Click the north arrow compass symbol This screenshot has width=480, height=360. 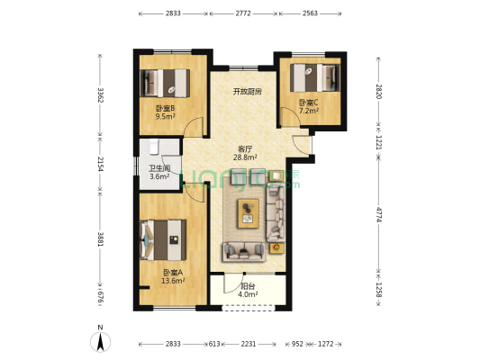[x=100, y=341]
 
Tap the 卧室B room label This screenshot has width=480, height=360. [x=166, y=108]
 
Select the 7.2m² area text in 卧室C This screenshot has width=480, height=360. [x=309, y=111]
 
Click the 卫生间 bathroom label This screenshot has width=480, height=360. [x=159, y=168]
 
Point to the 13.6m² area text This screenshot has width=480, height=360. [x=173, y=281]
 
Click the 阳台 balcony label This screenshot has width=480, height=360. [x=248, y=286]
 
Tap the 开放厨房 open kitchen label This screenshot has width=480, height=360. [x=248, y=92]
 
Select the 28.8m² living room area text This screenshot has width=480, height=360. [x=245, y=157]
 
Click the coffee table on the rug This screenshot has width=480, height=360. [x=249, y=213]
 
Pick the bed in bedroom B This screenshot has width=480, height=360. [x=165, y=83]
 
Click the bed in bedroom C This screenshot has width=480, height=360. [x=315, y=77]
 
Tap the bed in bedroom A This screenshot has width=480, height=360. [x=163, y=239]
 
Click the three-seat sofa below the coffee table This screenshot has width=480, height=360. [x=244, y=252]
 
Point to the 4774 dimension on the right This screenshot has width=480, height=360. [x=379, y=214]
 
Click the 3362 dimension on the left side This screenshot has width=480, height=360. [x=100, y=95]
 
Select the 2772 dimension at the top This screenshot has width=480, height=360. [x=243, y=13]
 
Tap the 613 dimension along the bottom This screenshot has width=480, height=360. [x=214, y=344]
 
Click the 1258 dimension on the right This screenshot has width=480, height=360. [x=379, y=290]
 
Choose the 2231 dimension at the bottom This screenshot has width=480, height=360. [x=249, y=344]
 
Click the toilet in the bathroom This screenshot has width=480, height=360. [x=154, y=147]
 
